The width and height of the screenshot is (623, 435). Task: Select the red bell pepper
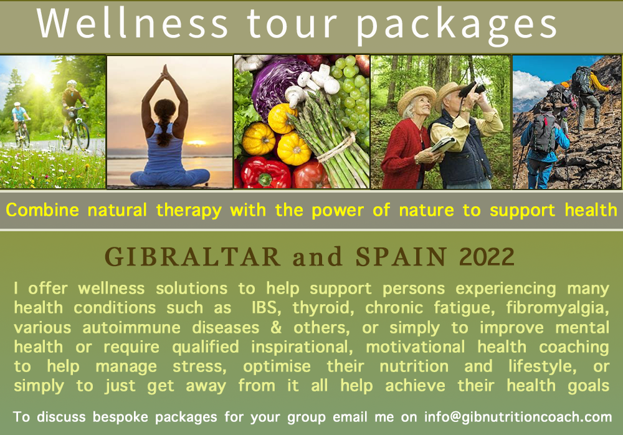(266, 173)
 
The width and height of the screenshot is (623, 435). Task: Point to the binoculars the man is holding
(472, 89)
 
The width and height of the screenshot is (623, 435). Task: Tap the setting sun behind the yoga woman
(196, 143)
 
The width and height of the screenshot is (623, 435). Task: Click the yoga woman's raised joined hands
(165, 73)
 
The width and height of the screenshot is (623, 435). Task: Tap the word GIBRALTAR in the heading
(193, 257)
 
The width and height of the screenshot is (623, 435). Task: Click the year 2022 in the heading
(487, 257)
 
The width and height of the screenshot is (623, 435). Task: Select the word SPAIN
(401, 257)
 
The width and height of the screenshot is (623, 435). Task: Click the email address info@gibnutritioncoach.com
(518, 417)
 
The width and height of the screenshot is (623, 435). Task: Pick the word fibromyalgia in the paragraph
(558, 308)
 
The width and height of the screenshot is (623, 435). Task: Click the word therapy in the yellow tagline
(189, 211)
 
